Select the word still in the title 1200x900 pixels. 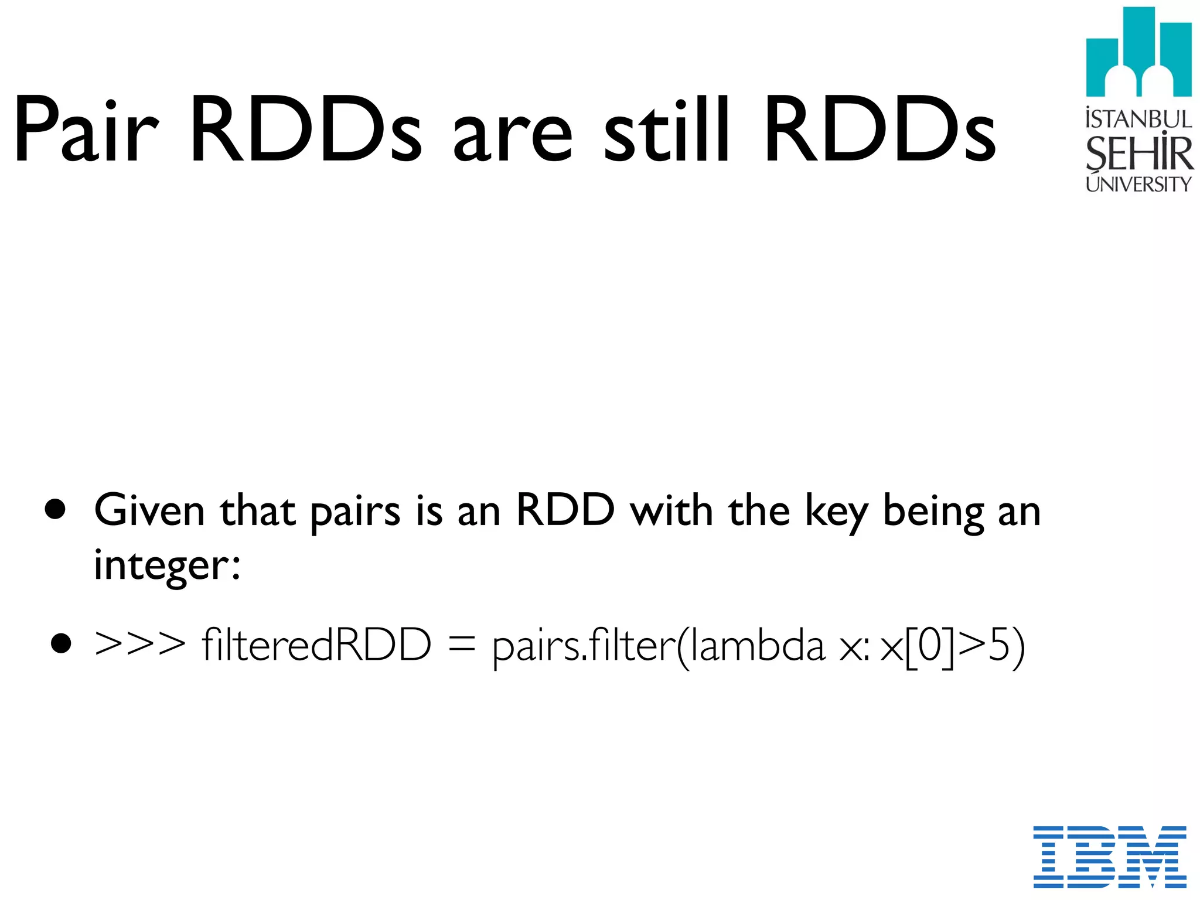(667, 128)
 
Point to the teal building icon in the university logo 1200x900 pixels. (1138, 53)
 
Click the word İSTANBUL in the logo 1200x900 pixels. (1138, 119)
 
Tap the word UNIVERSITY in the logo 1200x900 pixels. (1138, 184)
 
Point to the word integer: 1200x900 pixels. (167, 565)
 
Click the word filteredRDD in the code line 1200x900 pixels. (316, 645)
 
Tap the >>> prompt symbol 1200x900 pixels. (140, 645)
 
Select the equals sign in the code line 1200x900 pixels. (461, 645)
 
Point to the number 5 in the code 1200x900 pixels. (1000, 645)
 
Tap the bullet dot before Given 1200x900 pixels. (55, 510)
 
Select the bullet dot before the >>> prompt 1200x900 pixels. (60, 643)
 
